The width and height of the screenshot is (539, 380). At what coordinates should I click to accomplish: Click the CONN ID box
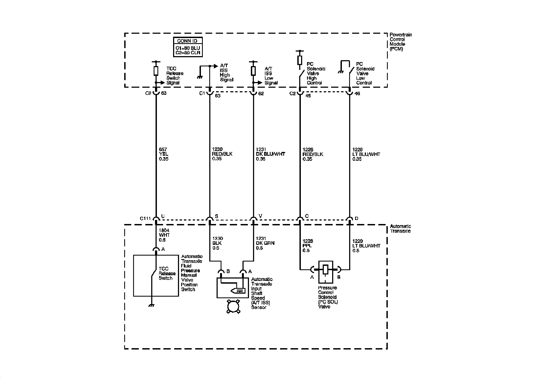(x=188, y=47)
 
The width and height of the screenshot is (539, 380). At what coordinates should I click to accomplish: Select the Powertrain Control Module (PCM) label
(x=401, y=42)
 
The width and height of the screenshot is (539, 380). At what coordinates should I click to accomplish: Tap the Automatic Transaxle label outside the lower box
(x=400, y=229)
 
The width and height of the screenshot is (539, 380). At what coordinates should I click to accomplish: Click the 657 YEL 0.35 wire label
(x=164, y=154)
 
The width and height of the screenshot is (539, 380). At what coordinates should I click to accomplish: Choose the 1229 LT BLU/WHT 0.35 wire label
(x=366, y=154)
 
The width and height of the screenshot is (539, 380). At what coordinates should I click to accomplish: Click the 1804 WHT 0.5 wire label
(x=164, y=235)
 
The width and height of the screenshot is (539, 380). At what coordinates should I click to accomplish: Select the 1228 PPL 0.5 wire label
(x=308, y=246)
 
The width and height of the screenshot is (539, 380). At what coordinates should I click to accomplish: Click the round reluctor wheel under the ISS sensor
(x=233, y=306)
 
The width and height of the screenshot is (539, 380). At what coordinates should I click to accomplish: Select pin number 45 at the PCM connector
(x=308, y=96)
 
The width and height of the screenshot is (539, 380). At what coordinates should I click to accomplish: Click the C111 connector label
(x=145, y=218)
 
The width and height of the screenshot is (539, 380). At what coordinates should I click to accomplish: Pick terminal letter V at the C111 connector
(x=261, y=216)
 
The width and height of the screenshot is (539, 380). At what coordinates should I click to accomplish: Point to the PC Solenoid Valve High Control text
(x=316, y=73)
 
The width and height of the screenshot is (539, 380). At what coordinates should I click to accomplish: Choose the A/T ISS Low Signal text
(x=271, y=76)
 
